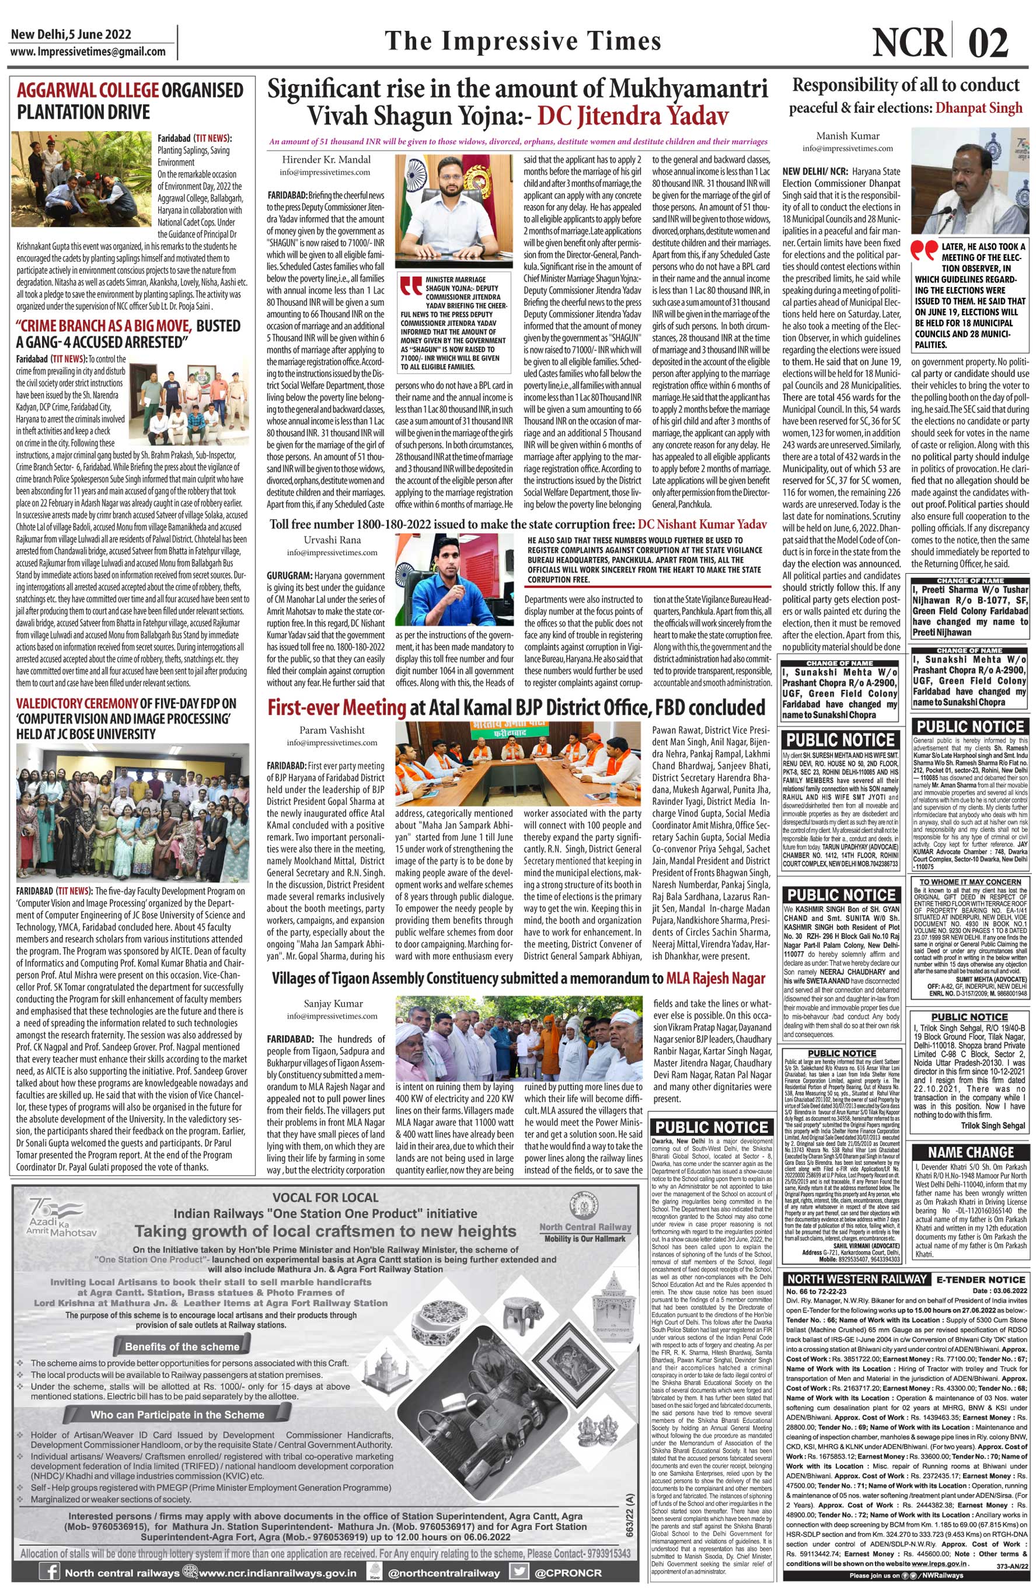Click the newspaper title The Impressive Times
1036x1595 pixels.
523,41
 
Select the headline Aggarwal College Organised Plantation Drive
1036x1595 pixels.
130,100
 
